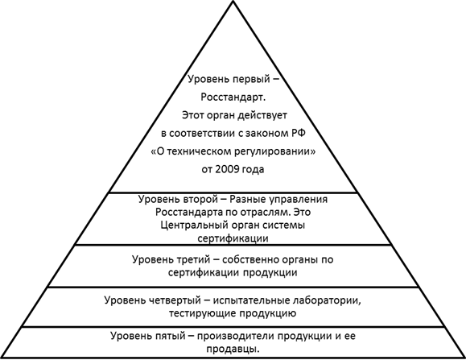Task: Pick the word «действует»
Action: click(262, 115)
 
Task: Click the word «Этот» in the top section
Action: click(192, 115)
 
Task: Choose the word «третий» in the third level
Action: click(194, 260)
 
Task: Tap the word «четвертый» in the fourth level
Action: click(175, 300)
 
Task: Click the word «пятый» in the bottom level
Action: click(168, 336)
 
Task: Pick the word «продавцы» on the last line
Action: click(233, 350)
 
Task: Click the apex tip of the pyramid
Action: click(233, 1)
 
